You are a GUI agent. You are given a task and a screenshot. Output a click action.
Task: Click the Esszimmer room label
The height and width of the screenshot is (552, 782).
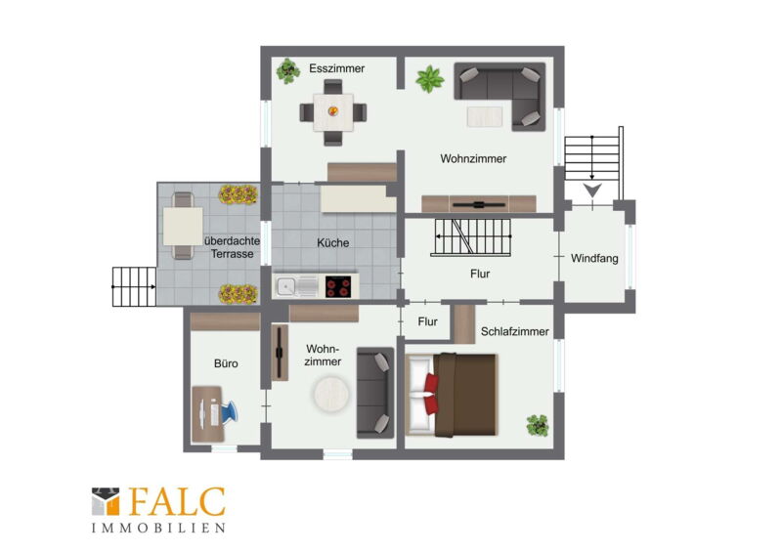336,68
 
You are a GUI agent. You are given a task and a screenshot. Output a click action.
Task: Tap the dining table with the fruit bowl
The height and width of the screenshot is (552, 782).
333,112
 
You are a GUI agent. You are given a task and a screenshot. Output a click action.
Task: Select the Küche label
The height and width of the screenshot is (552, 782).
333,243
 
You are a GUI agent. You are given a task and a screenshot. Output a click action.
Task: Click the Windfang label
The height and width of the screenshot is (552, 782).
594,258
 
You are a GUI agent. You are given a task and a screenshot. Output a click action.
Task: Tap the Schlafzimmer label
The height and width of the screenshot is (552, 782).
515,331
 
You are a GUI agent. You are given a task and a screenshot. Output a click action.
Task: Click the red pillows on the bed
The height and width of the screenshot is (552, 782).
431,394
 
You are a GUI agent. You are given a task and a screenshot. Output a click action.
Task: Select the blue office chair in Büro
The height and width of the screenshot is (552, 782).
230,412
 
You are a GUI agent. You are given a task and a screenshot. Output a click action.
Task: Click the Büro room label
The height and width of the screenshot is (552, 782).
226,363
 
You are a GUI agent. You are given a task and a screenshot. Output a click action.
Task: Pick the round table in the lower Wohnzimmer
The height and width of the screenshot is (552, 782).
331,394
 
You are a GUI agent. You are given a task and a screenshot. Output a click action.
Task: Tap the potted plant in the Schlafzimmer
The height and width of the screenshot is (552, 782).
538,425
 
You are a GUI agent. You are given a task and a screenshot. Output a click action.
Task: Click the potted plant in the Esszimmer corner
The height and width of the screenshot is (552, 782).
288,70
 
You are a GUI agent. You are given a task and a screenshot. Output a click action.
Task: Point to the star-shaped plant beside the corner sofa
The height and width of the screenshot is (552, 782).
430,79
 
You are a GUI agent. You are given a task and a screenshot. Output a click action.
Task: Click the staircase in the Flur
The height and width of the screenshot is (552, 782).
471,236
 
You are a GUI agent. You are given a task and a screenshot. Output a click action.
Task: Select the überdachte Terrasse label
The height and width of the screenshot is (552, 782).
232,247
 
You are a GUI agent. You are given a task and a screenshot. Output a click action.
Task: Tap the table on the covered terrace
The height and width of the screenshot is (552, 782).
183,226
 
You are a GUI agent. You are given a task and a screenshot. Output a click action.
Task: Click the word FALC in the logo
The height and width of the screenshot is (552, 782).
178,502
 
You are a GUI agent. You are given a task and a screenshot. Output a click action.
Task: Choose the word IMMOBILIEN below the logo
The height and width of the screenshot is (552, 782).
158,529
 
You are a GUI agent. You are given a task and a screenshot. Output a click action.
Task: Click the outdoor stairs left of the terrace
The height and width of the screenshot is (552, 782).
134,286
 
